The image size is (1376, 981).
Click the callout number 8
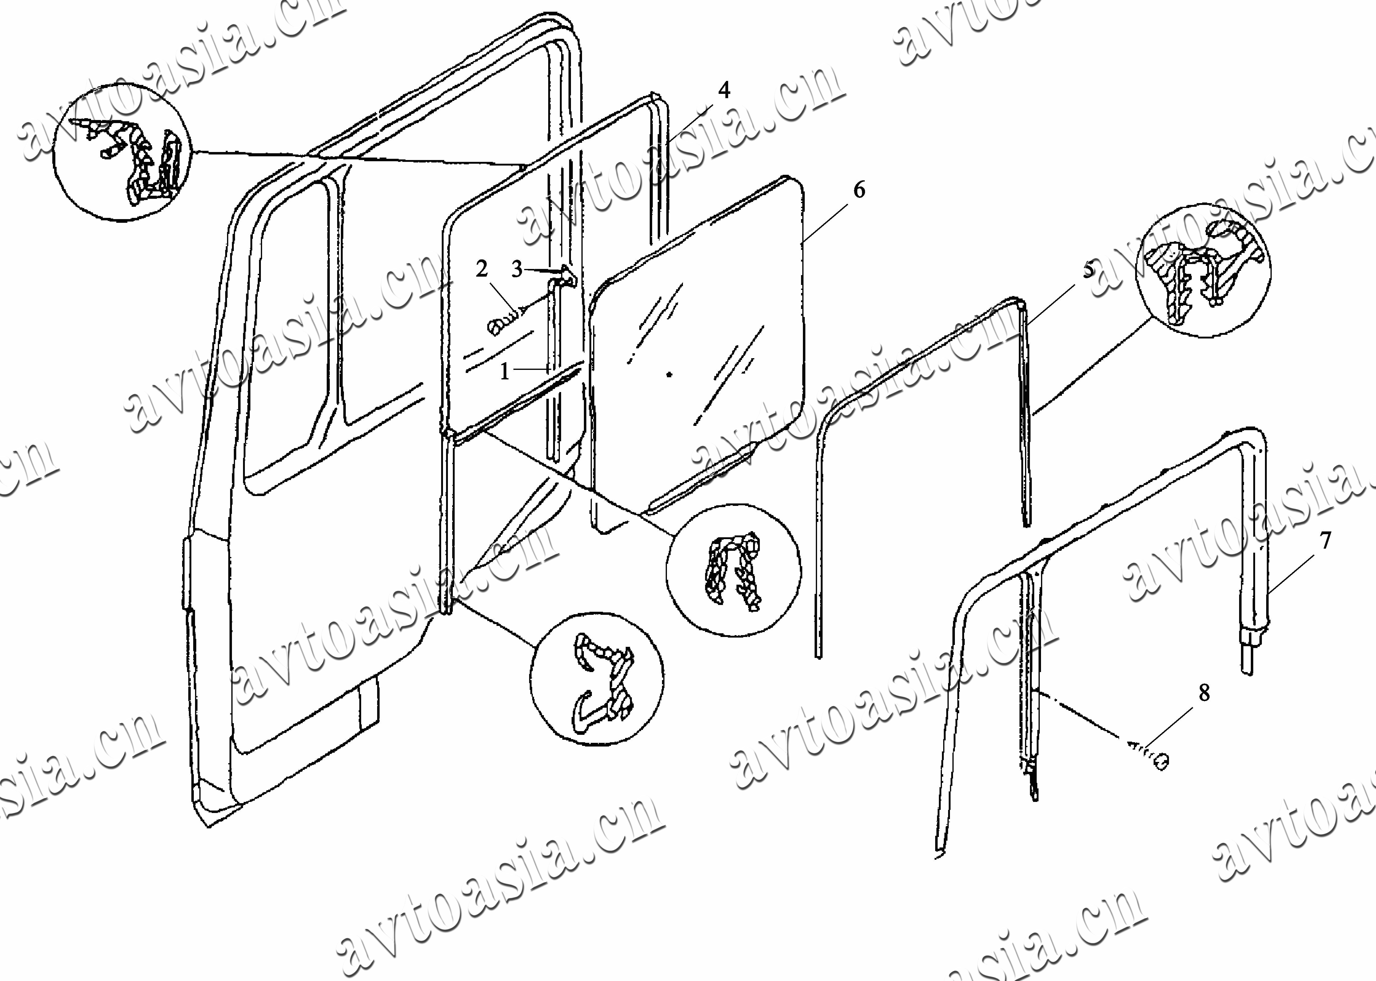coord(1205,693)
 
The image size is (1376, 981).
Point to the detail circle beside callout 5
coord(1203,270)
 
